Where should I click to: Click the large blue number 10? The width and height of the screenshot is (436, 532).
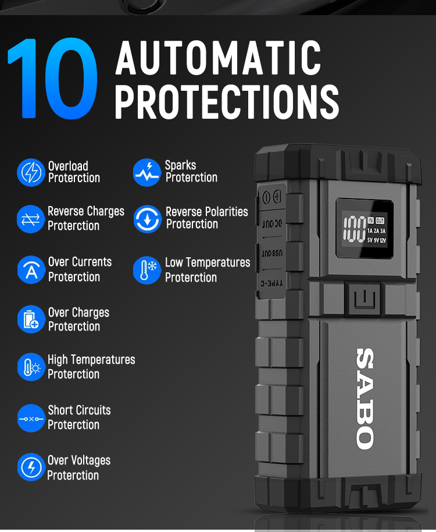pyautogui.click(x=52, y=79)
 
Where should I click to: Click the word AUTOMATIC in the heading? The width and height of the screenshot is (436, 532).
pyautogui.click(x=218, y=58)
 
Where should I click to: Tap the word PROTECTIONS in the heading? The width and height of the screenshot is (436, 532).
pyautogui.click(x=227, y=101)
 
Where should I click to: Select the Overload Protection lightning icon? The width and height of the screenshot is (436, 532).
pyautogui.click(x=31, y=172)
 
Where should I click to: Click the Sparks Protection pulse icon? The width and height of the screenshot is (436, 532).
pyautogui.click(x=146, y=172)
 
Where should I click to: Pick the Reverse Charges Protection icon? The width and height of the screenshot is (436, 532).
pyautogui.click(x=31, y=219)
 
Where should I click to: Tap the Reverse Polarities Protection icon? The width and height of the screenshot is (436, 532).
pyautogui.click(x=147, y=219)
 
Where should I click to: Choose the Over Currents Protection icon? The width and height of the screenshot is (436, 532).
pyautogui.click(x=31, y=269)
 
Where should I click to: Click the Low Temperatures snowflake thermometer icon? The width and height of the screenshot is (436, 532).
pyautogui.click(x=147, y=270)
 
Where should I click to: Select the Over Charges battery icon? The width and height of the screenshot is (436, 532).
pyautogui.click(x=31, y=320)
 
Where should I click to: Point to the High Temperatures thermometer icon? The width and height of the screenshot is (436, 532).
pyautogui.click(x=31, y=367)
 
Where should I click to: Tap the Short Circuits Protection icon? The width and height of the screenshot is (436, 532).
pyautogui.click(x=31, y=418)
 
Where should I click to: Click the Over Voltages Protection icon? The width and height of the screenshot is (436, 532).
pyautogui.click(x=31, y=467)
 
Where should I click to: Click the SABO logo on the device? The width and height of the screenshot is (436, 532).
pyautogui.click(x=365, y=399)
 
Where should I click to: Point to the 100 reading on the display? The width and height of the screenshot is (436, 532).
pyautogui.click(x=355, y=229)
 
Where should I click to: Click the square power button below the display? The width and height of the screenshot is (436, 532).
pyautogui.click(x=363, y=299)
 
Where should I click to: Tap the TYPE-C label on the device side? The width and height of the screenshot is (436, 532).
pyautogui.click(x=271, y=283)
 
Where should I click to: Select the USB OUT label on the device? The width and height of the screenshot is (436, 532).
pyautogui.click(x=272, y=253)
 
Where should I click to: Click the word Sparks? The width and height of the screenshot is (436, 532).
pyautogui.click(x=180, y=165)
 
